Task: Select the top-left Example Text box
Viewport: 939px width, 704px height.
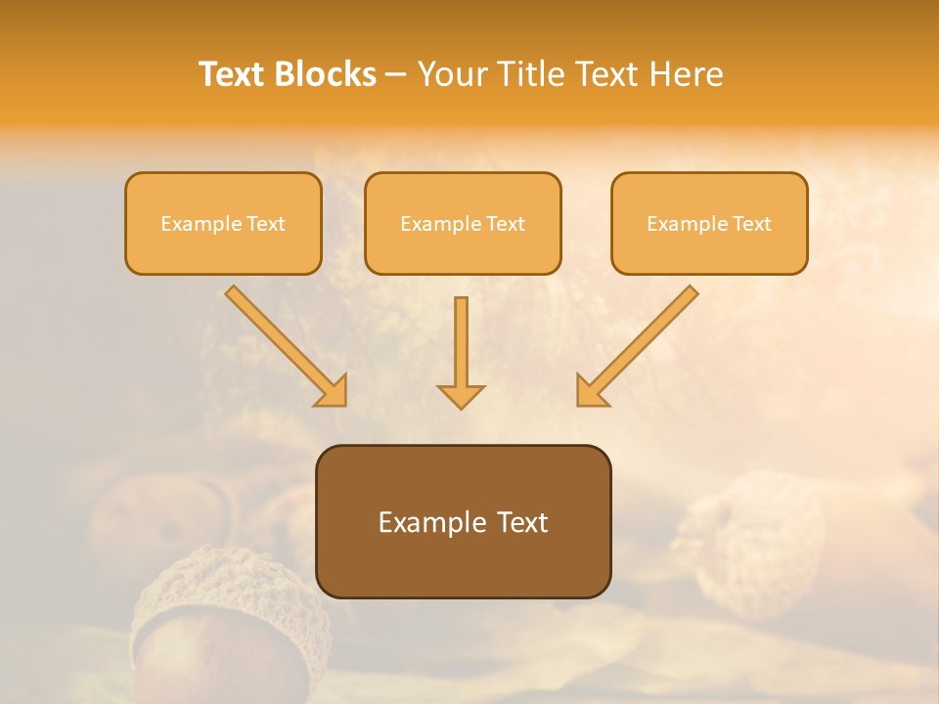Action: (223, 223)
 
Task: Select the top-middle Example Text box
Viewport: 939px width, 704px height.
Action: (463, 223)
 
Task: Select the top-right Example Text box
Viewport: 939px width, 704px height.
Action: (709, 223)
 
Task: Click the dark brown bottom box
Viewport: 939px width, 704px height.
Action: (463, 521)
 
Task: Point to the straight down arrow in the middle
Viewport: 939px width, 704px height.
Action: (461, 347)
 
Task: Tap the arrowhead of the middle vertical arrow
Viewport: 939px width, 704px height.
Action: (461, 395)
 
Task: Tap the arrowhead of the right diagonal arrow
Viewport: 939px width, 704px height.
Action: (592, 390)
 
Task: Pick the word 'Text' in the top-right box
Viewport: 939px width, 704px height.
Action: (751, 224)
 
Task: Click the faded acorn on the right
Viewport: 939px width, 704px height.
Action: (753, 543)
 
